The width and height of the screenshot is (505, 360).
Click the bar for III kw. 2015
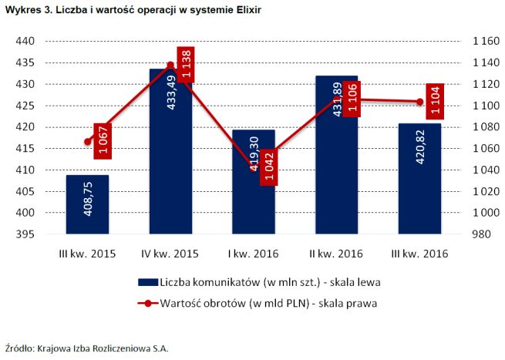click(x=86, y=204)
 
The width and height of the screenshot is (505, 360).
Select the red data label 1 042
click(x=270, y=167)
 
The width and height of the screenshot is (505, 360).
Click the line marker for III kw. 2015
click(x=87, y=142)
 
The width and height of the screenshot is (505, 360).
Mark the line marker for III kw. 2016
click(x=419, y=102)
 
